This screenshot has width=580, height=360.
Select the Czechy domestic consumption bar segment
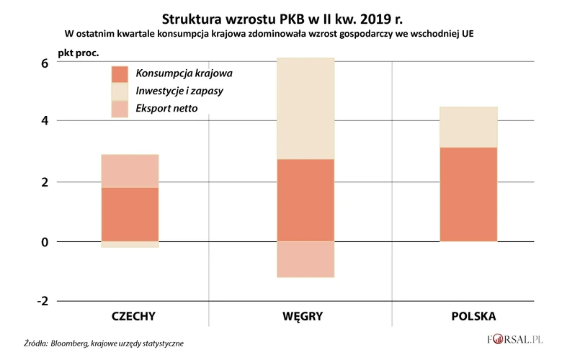(x=130, y=214)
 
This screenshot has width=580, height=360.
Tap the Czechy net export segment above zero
(x=130, y=171)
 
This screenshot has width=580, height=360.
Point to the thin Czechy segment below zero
(x=130, y=245)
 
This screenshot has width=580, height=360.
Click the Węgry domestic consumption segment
(x=305, y=200)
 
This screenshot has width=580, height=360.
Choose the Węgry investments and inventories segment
(x=305, y=108)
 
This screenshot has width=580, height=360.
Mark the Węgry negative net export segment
(x=305, y=259)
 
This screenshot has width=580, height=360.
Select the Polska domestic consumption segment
(x=468, y=194)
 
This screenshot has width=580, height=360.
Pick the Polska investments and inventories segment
(x=468, y=127)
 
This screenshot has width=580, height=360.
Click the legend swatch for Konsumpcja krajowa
(x=120, y=73)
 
